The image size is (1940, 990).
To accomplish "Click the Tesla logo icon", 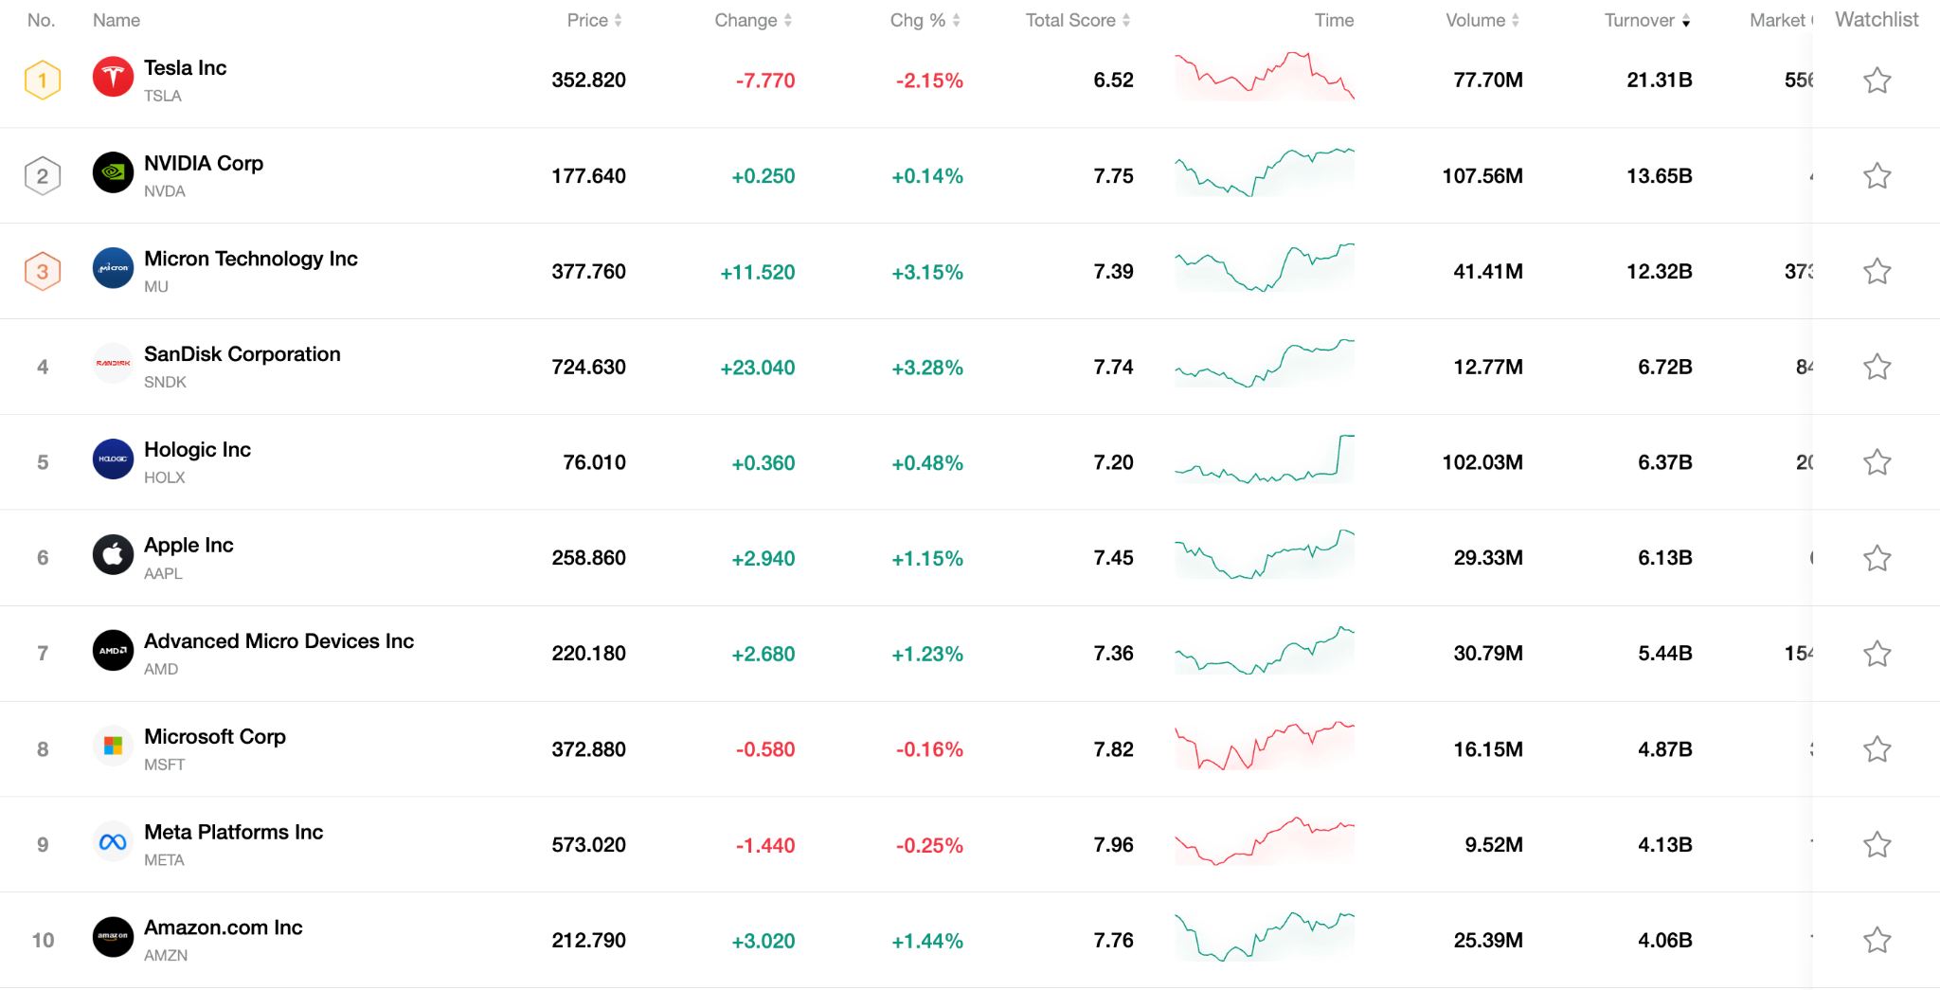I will click(x=113, y=78).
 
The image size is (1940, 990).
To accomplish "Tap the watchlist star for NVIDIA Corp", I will click(x=1877, y=176).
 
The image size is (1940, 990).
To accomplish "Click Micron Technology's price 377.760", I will click(x=588, y=272).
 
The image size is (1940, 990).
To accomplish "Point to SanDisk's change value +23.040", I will click(x=757, y=368).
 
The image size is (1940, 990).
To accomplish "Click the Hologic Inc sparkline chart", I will click(x=1264, y=461).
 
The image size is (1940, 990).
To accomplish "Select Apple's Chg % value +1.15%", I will click(x=926, y=559).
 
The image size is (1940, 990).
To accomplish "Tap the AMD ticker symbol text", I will click(x=161, y=669).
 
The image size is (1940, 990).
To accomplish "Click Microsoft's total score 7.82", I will click(x=1113, y=749).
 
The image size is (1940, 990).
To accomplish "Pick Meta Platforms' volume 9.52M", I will click(x=1493, y=845).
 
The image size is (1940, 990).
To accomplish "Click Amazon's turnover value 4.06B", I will click(x=1664, y=941).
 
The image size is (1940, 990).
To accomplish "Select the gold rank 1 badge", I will click(x=43, y=80).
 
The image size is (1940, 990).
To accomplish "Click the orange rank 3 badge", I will click(x=43, y=272).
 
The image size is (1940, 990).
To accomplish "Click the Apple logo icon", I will click(x=113, y=555).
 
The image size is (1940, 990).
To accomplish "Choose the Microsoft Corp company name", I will click(x=215, y=736).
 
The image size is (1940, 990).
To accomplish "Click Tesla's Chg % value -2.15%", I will click(x=928, y=81).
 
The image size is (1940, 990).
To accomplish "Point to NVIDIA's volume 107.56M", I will click(x=1482, y=176).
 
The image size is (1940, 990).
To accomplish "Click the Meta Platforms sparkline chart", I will click(x=1264, y=841).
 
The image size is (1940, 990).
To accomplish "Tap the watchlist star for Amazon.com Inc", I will click(x=1877, y=940).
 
